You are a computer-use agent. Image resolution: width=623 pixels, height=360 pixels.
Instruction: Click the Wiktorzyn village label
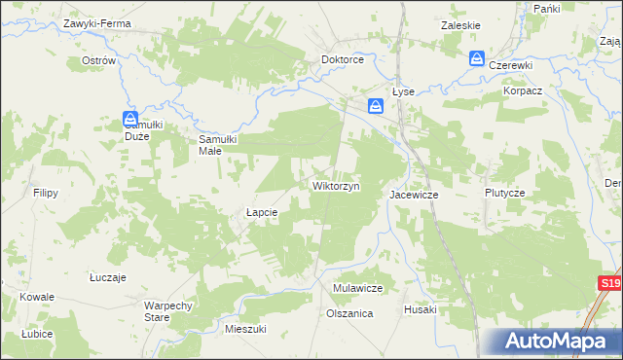(x=336, y=185)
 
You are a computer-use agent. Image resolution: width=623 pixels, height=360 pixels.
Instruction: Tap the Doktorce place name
(x=343, y=59)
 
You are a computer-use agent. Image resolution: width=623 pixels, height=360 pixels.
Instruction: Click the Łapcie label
(x=262, y=212)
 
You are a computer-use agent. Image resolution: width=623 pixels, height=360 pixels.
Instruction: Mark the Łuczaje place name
(x=108, y=277)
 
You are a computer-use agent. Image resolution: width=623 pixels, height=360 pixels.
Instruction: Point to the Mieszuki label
(x=245, y=329)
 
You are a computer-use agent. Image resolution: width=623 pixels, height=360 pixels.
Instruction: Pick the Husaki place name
(x=421, y=309)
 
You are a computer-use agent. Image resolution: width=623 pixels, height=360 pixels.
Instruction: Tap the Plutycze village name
(x=505, y=193)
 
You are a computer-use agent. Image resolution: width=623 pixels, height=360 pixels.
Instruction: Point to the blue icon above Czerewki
(x=477, y=58)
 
